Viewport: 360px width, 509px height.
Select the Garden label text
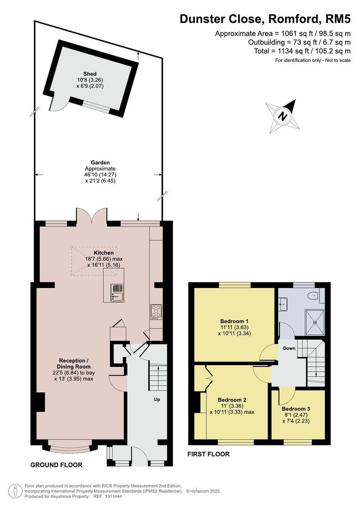tap(100, 162)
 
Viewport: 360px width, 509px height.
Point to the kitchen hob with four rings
tap(156, 312)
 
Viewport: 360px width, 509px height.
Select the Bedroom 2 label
tap(232, 400)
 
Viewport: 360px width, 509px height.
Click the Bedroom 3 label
tap(296, 409)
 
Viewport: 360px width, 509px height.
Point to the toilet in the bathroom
tap(314, 296)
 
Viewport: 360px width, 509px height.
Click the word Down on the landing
tap(289, 348)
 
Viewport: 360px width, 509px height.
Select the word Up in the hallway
tap(157, 399)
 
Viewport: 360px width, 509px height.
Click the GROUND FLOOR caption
tap(56, 465)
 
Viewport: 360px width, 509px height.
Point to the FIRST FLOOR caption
tap(209, 454)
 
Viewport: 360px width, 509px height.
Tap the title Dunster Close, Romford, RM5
tap(265, 19)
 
